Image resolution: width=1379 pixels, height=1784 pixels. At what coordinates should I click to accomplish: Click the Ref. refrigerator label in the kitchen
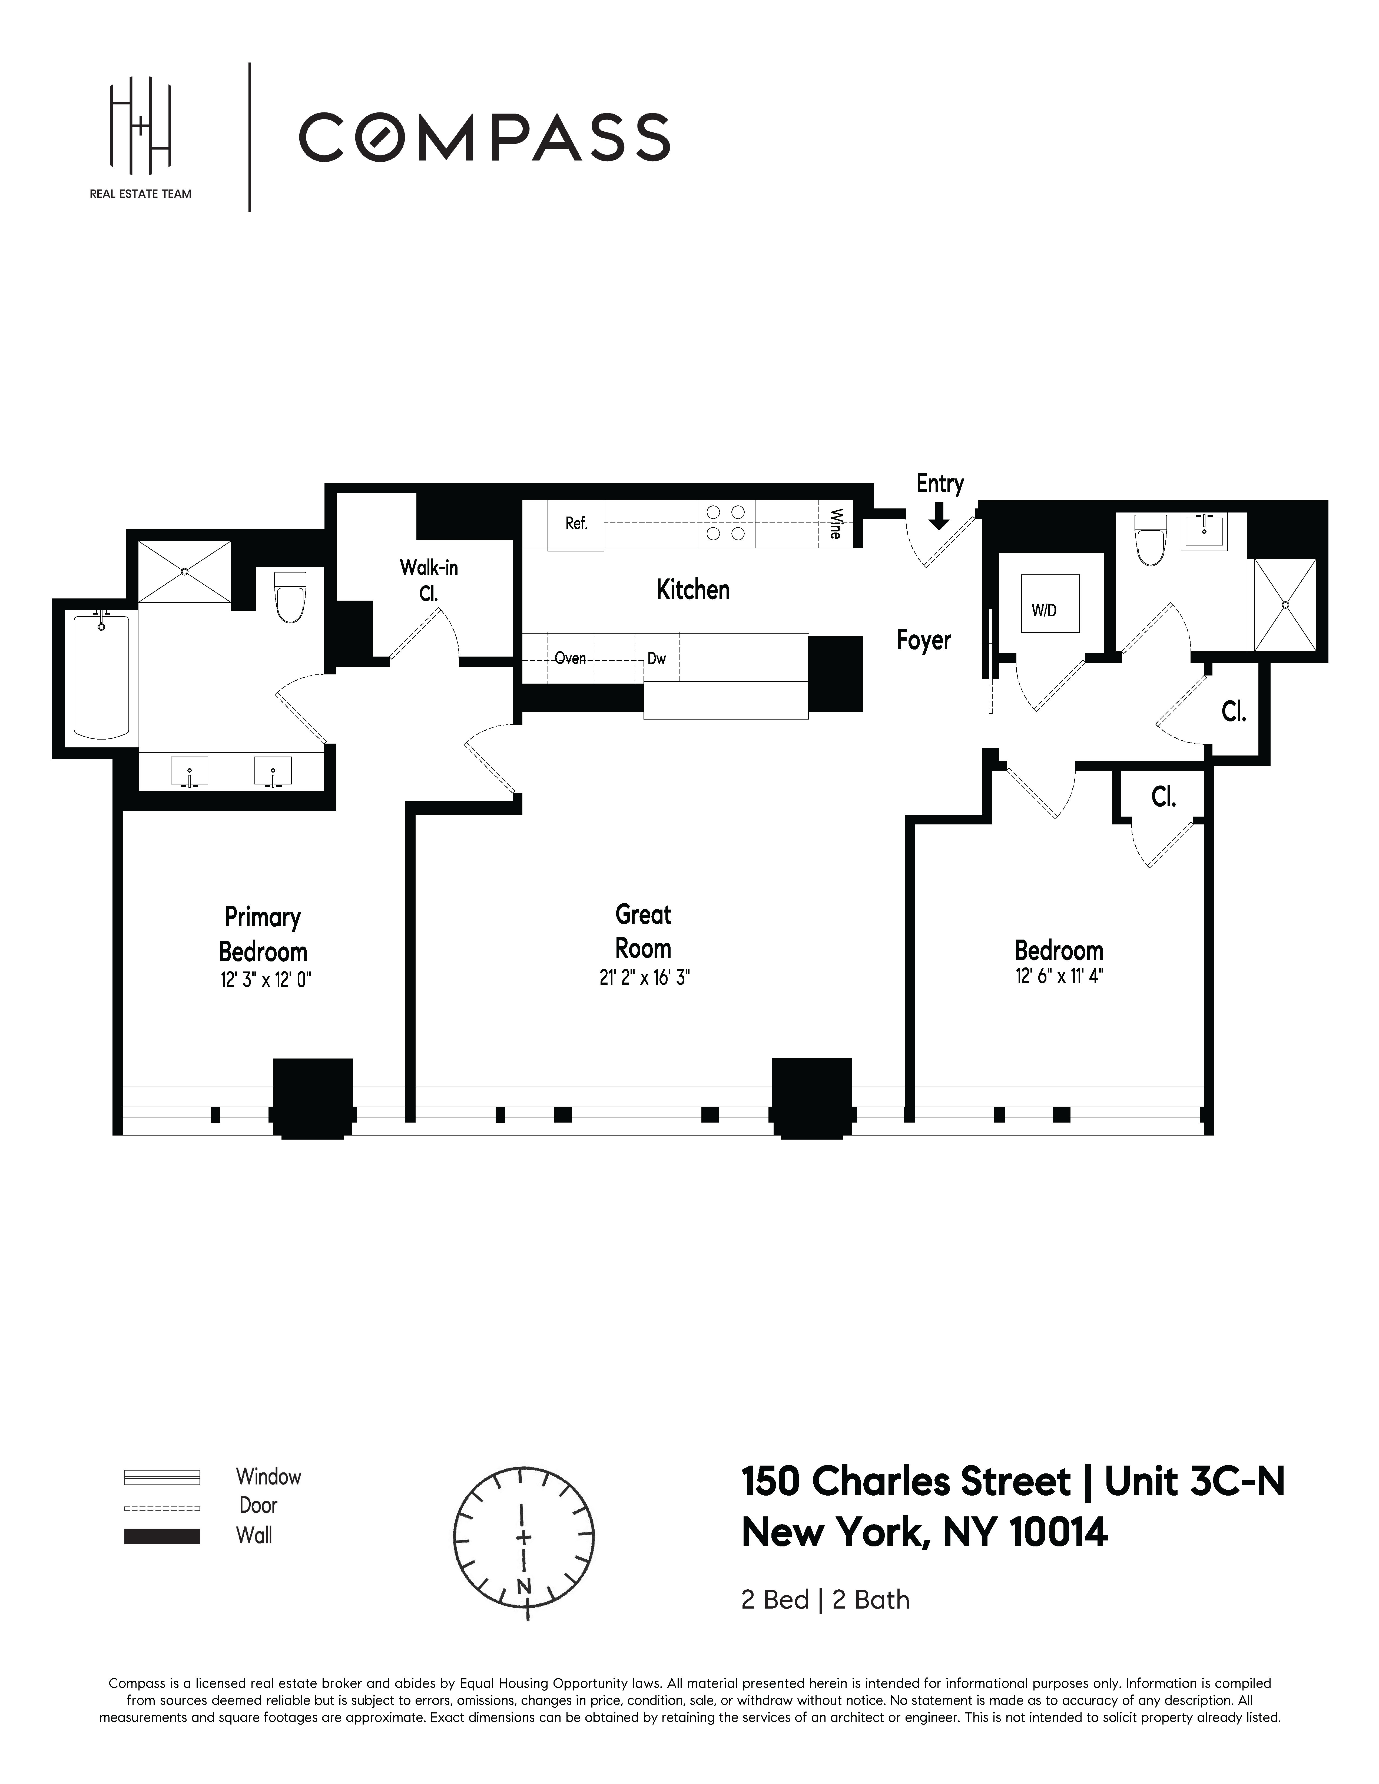tap(576, 524)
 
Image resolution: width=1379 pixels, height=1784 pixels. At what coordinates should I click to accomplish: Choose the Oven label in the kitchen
tap(569, 658)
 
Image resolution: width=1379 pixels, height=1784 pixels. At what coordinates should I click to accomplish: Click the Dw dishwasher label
tap(656, 658)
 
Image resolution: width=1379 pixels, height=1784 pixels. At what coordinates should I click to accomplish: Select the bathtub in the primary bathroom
tap(101, 677)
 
